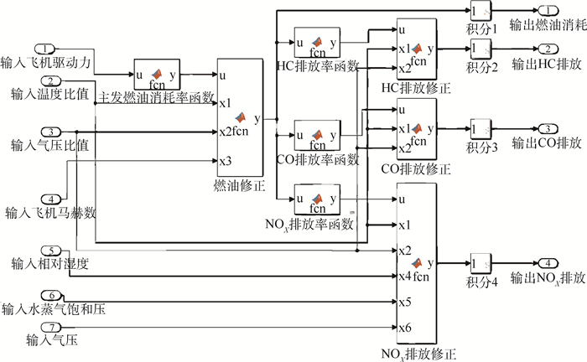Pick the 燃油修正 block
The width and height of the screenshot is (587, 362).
240,116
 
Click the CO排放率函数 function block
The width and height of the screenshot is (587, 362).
316,135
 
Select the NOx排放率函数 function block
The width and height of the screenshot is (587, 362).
316,199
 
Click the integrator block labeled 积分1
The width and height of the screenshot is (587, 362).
481,11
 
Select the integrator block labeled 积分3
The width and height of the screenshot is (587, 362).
481,129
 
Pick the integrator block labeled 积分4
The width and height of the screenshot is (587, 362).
481,262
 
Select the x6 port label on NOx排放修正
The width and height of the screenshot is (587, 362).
404,326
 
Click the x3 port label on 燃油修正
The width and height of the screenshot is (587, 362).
225,160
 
